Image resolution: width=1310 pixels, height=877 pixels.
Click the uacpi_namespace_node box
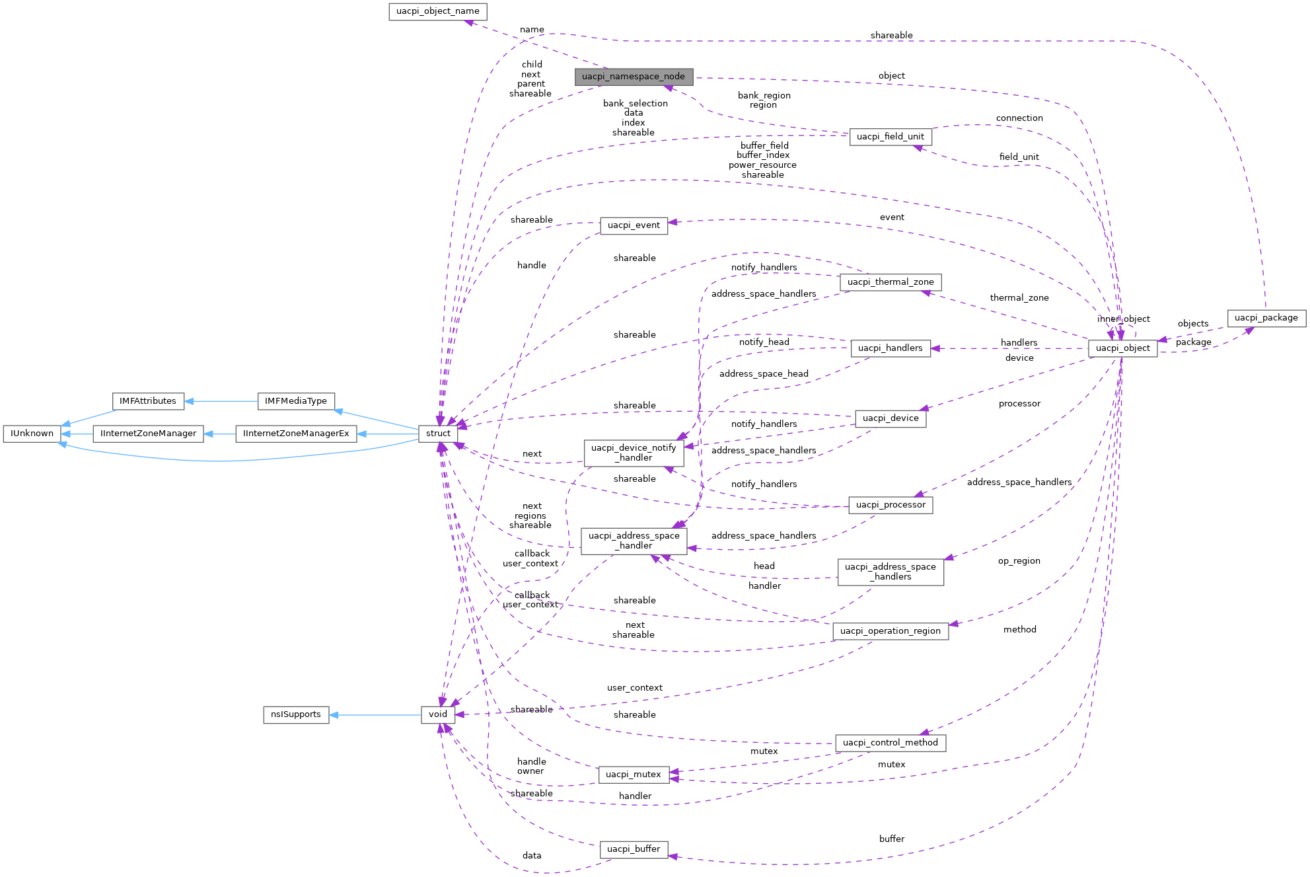(x=633, y=77)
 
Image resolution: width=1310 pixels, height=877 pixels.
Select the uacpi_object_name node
(x=437, y=11)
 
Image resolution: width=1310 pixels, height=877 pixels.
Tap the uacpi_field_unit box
(x=890, y=137)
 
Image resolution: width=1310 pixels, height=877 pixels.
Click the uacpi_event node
(x=634, y=225)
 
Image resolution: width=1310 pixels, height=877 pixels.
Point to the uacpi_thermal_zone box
(x=890, y=282)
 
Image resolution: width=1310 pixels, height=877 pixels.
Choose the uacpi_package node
(x=1266, y=318)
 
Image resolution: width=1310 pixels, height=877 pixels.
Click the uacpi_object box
(x=1122, y=348)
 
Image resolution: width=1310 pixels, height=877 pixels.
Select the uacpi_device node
(x=890, y=418)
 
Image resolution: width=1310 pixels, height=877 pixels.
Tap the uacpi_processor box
(x=890, y=505)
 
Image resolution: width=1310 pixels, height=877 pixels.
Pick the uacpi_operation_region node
(x=890, y=631)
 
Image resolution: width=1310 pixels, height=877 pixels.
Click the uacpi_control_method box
(x=890, y=743)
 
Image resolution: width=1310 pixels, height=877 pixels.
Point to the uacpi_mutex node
(x=633, y=775)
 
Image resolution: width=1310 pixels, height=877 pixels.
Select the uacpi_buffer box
(x=633, y=849)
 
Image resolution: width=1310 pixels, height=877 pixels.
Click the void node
(x=438, y=714)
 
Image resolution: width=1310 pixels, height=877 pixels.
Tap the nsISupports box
(x=296, y=714)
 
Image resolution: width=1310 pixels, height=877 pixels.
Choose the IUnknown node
(x=32, y=434)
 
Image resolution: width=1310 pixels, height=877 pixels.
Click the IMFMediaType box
(x=295, y=401)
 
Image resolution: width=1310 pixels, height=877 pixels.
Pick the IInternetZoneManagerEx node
(x=295, y=434)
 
